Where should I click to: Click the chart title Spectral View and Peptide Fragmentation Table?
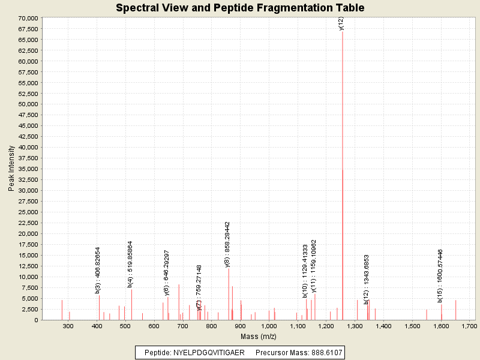[x=240, y=8]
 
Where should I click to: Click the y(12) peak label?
[x=341, y=23]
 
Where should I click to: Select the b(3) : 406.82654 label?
[x=98, y=270]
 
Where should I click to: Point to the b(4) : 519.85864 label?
[x=130, y=265]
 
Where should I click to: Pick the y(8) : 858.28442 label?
[x=227, y=244]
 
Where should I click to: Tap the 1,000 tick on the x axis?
[x=269, y=326]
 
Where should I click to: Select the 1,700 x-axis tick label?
[x=470, y=326]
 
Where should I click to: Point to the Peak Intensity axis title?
[x=11, y=169]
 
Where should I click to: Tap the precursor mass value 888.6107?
[x=324, y=353]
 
